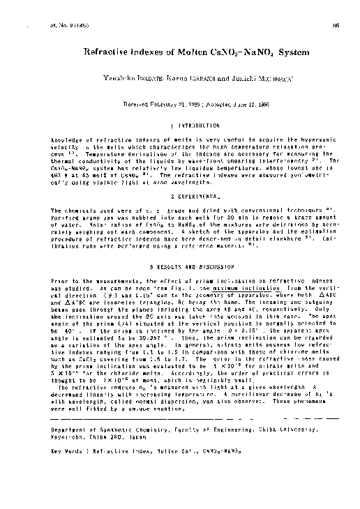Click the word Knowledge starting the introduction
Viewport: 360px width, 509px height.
[x=67, y=140]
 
